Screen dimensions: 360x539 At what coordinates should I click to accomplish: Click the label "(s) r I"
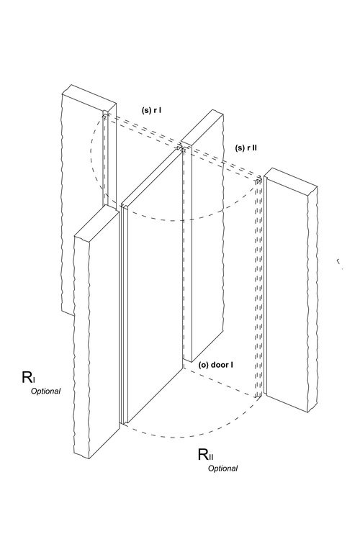(152, 110)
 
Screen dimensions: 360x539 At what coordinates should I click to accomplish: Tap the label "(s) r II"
(246, 148)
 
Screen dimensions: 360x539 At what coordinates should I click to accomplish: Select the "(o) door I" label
(215, 365)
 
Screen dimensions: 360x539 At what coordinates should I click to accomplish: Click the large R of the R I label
(27, 377)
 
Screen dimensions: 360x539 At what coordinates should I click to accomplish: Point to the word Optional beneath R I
(46, 391)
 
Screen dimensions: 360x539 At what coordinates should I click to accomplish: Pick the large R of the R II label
(203, 454)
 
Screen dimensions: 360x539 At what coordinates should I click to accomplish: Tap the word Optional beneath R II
(222, 468)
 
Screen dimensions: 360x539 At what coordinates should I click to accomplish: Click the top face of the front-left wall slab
(97, 222)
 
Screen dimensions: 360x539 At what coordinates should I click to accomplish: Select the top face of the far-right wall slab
(291, 177)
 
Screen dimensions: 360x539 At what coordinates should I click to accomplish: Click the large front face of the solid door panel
(155, 285)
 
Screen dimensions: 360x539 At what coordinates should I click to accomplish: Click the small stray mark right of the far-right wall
(339, 263)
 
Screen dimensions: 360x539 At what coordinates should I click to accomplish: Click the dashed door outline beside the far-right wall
(258, 288)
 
